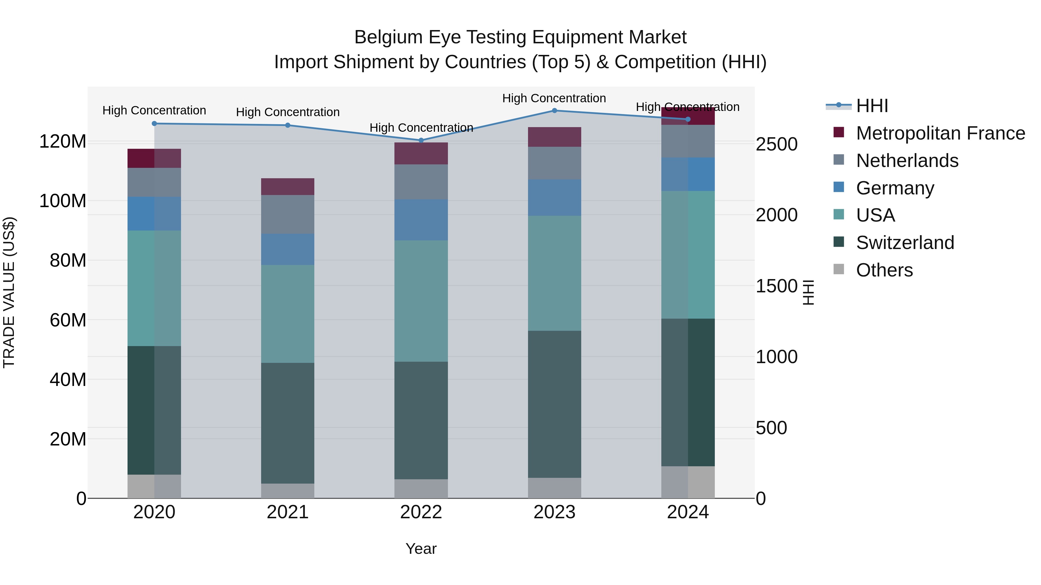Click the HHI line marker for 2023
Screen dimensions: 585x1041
tap(554, 111)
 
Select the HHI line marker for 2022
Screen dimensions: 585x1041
tap(421, 140)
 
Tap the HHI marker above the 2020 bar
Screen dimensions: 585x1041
tap(154, 124)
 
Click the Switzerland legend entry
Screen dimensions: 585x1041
tap(905, 243)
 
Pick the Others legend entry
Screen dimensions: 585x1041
tap(884, 270)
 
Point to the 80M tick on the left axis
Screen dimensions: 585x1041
tap(68, 260)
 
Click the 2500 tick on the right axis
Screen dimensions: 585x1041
tap(776, 144)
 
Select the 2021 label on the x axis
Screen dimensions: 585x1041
tap(288, 512)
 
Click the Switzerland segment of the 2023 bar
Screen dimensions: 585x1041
tap(554, 404)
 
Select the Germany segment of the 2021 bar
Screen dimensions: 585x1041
tap(288, 249)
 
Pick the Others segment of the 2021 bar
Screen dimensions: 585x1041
tap(288, 491)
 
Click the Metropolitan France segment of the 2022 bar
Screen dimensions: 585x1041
tap(421, 153)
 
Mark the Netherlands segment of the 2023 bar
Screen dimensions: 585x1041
tap(554, 163)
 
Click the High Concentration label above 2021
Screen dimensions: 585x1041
tap(288, 112)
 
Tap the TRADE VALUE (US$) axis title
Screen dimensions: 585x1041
tap(9, 292)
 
